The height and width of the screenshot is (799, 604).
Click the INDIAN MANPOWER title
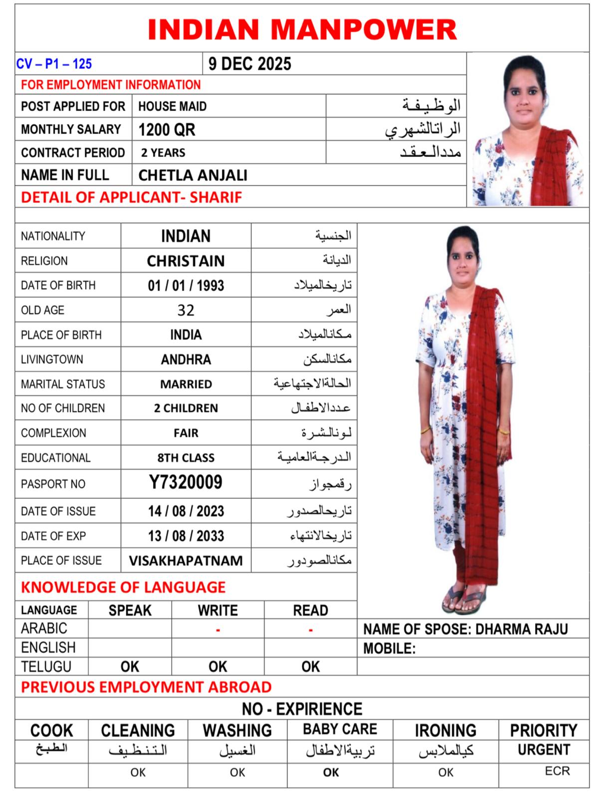point(302,29)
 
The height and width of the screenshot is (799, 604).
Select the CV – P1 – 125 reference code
point(54,64)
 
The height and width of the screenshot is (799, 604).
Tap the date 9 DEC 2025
point(250,64)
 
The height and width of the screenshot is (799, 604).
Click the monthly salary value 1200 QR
point(167,130)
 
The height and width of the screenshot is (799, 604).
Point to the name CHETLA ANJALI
point(193,175)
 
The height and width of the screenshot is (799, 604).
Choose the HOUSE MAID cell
point(172,106)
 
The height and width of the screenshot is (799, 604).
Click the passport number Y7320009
point(186,482)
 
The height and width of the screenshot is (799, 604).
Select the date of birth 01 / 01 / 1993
point(186,286)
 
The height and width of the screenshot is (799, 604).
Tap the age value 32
point(186,310)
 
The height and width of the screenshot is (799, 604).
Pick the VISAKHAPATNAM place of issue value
point(186,561)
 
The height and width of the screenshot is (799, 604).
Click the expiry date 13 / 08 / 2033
point(186,536)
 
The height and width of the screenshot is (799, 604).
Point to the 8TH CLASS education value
point(186,458)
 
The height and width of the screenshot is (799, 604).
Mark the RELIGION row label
point(44,261)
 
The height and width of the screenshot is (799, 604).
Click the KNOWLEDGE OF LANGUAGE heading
point(123,587)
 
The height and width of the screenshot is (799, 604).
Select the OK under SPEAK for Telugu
point(130,667)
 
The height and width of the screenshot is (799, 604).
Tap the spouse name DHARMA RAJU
point(521,629)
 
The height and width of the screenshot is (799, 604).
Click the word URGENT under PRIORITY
point(544,750)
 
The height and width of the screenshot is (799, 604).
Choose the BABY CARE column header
point(340,730)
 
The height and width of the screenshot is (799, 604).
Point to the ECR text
point(557,771)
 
